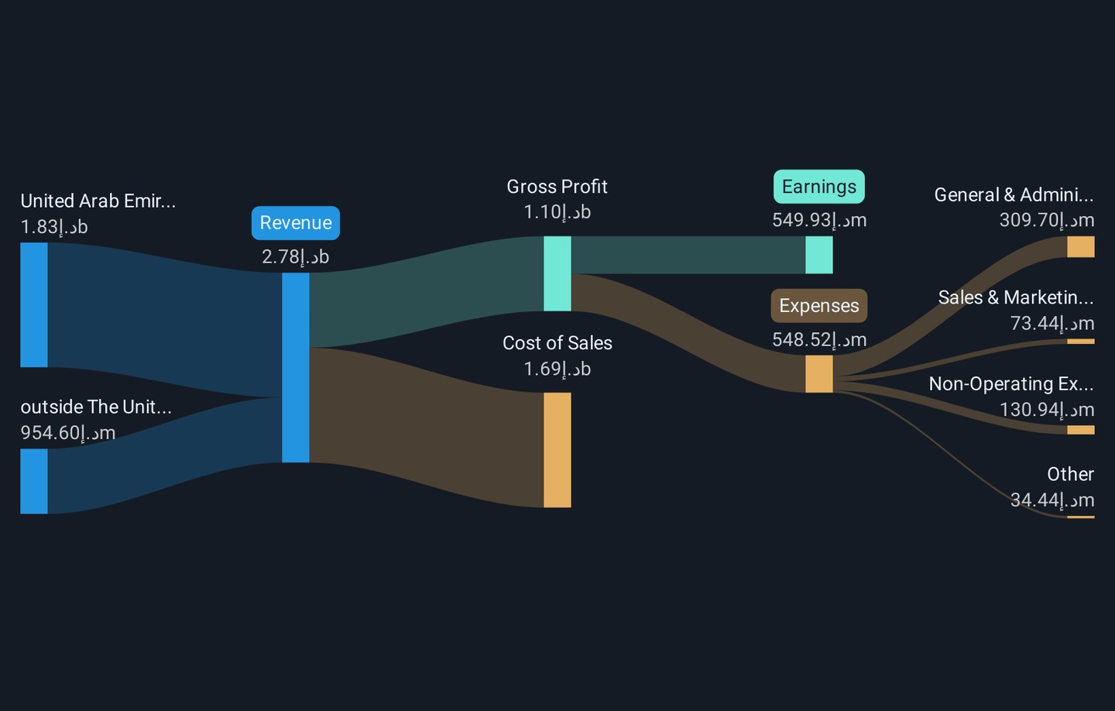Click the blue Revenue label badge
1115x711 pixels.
[x=296, y=223]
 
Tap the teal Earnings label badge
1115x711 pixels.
[x=819, y=187]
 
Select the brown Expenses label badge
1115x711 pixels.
[x=819, y=306]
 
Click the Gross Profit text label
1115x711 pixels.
[x=557, y=187]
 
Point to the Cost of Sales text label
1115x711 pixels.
[x=557, y=343]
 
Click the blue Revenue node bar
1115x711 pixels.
[x=296, y=367]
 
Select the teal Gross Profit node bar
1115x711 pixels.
[x=557, y=274]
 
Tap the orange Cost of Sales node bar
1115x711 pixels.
[x=557, y=450]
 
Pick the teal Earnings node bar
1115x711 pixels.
[x=819, y=255]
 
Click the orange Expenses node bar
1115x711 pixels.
[x=819, y=374]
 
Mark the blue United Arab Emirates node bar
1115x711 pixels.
[x=34, y=305]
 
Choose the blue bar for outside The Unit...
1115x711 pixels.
[x=34, y=482]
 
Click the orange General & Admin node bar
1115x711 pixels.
[x=1081, y=247]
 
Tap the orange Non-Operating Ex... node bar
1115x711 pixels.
[x=1081, y=430]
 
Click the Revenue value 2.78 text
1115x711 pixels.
[x=295, y=257]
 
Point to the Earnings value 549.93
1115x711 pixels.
[x=819, y=220]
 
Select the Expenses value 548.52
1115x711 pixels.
[x=819, y=339]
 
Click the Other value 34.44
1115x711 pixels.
[x=1052, y=500]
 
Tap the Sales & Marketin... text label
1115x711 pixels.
[x=1016, y=297]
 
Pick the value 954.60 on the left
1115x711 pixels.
[x=67, y=433]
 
